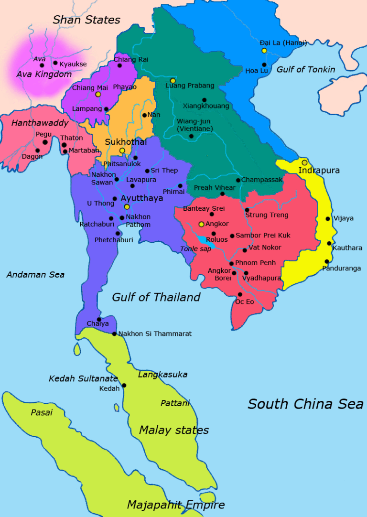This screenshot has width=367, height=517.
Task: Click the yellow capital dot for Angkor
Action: (202, 224)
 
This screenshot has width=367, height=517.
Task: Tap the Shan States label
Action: (86, 20)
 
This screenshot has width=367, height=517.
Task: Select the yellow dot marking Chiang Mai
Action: (98, 94)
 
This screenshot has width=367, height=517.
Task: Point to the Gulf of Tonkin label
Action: (306, 69)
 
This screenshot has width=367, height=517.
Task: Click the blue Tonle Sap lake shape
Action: (204, 239)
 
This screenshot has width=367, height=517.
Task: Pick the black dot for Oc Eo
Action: (240, 294)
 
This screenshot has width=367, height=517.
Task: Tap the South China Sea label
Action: (305, 404)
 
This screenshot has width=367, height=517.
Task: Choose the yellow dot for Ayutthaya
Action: (127, 207)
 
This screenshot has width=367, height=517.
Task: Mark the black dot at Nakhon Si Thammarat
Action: (114, 334)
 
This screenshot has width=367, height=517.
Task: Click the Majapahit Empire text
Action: (176, 505)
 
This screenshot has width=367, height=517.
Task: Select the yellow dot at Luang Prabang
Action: (173, 80)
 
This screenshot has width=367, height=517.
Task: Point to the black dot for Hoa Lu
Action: (264, 65)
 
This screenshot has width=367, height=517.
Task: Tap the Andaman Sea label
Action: (35, 275)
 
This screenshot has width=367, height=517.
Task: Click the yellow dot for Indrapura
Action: (304, 162)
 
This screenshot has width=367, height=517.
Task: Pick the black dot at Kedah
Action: (124, 385)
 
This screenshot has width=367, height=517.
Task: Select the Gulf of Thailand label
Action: (156, 297)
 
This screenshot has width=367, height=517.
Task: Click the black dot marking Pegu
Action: (45, 142)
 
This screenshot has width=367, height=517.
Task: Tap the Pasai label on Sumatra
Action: (42, 412)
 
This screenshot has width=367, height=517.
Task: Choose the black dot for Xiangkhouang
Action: (204, 100)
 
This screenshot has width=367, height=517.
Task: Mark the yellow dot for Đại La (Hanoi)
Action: (264, 50)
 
